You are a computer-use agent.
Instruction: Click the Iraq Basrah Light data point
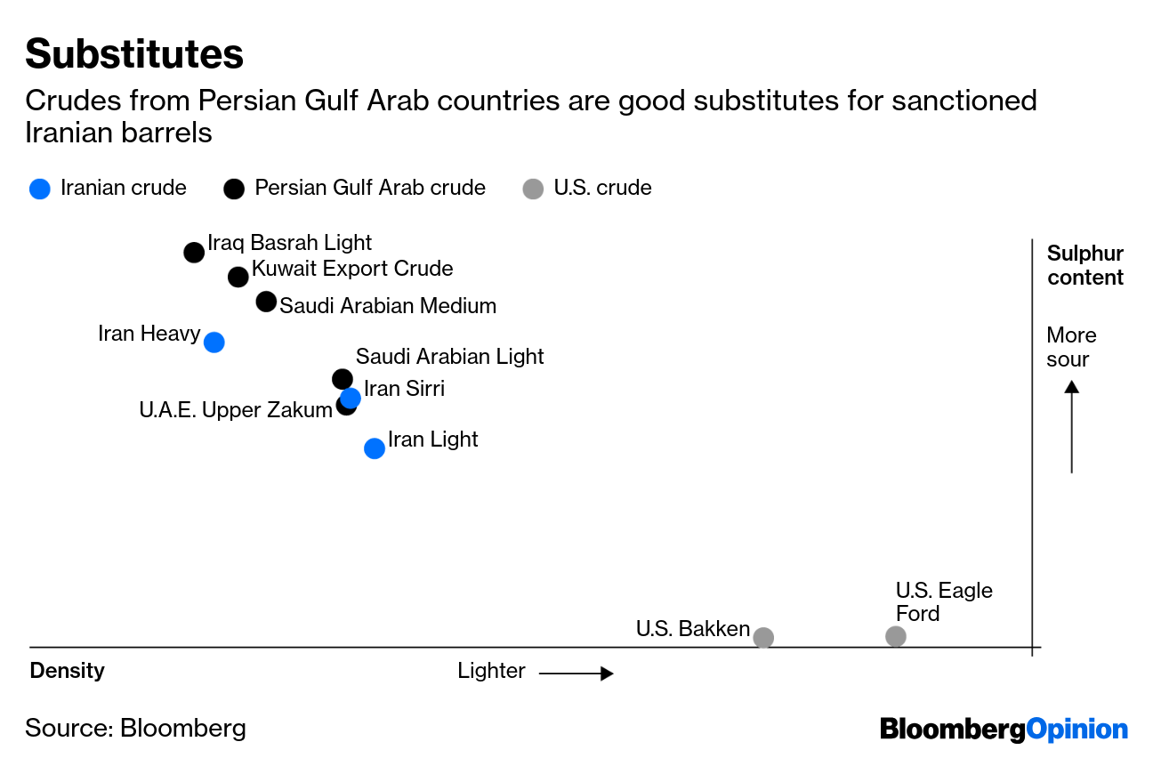194,253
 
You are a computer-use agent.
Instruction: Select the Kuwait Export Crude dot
238,277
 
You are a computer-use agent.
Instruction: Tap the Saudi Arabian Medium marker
266,302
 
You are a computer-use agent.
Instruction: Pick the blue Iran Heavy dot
214,343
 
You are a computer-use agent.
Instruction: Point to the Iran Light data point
375,448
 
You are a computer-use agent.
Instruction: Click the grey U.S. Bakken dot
763,637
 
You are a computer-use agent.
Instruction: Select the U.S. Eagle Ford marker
896,636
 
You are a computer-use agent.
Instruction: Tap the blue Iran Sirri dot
351,397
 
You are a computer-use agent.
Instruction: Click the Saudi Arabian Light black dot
342,378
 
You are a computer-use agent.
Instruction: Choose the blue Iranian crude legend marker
40,189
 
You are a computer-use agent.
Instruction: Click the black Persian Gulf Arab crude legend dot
234,189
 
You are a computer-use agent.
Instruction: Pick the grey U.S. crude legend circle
533,189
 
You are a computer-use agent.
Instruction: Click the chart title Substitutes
134,54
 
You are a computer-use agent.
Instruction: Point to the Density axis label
68,671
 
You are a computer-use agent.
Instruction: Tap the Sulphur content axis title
1085,266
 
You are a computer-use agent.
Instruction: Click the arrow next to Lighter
576,673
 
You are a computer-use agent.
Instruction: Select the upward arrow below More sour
1072,427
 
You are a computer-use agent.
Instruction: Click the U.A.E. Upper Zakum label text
235,410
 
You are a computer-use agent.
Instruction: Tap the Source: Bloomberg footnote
135,728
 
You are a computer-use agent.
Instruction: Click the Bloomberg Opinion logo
1004,730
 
